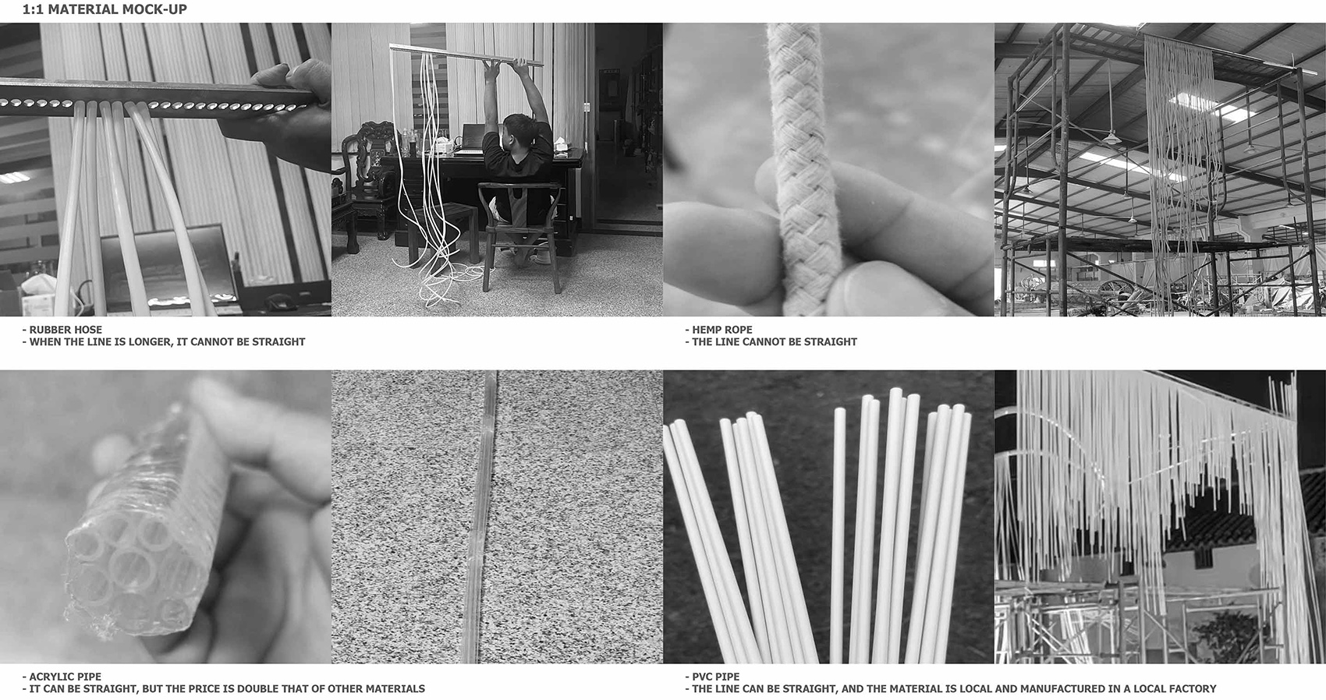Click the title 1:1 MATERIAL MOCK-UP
105,10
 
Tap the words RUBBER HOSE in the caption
66,330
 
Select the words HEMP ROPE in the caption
721,330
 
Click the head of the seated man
519,129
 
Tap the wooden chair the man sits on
519,226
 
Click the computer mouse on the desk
277,302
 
